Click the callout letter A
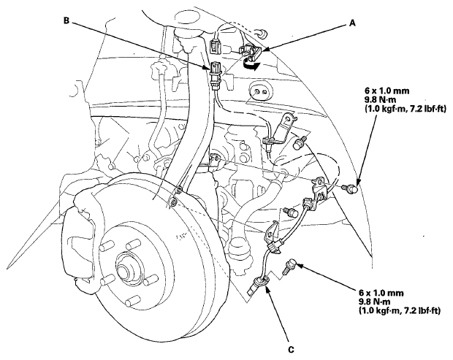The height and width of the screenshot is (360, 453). [352, 23]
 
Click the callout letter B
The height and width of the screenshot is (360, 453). [66, 20]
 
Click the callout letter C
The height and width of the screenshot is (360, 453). [292, 350]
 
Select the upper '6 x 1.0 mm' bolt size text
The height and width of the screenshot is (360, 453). [387, 91]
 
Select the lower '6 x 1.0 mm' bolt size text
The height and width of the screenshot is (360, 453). [381, 293]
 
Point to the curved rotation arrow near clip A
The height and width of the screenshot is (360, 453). [250, 64]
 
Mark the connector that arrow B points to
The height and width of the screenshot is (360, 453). [216, 75]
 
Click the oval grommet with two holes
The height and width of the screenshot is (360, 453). [261, 92]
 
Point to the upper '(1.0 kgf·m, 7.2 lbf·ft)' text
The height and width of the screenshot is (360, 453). [405, 109]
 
